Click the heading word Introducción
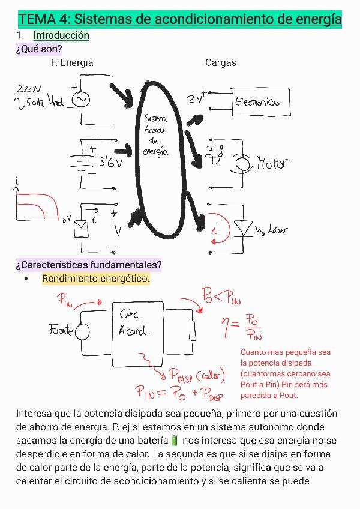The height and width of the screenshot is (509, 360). tap(61, 35)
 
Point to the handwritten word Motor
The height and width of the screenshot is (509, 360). tap(272, 163)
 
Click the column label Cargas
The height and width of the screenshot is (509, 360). tap(221, 62)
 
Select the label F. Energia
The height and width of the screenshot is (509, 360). tap(73, 62)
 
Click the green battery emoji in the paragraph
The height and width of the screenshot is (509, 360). tap(175, 441)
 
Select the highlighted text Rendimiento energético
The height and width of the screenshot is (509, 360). tap(96, 279)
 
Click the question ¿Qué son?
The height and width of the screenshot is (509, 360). tap(39, 49)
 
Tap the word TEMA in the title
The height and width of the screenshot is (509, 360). tap(37, 19)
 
